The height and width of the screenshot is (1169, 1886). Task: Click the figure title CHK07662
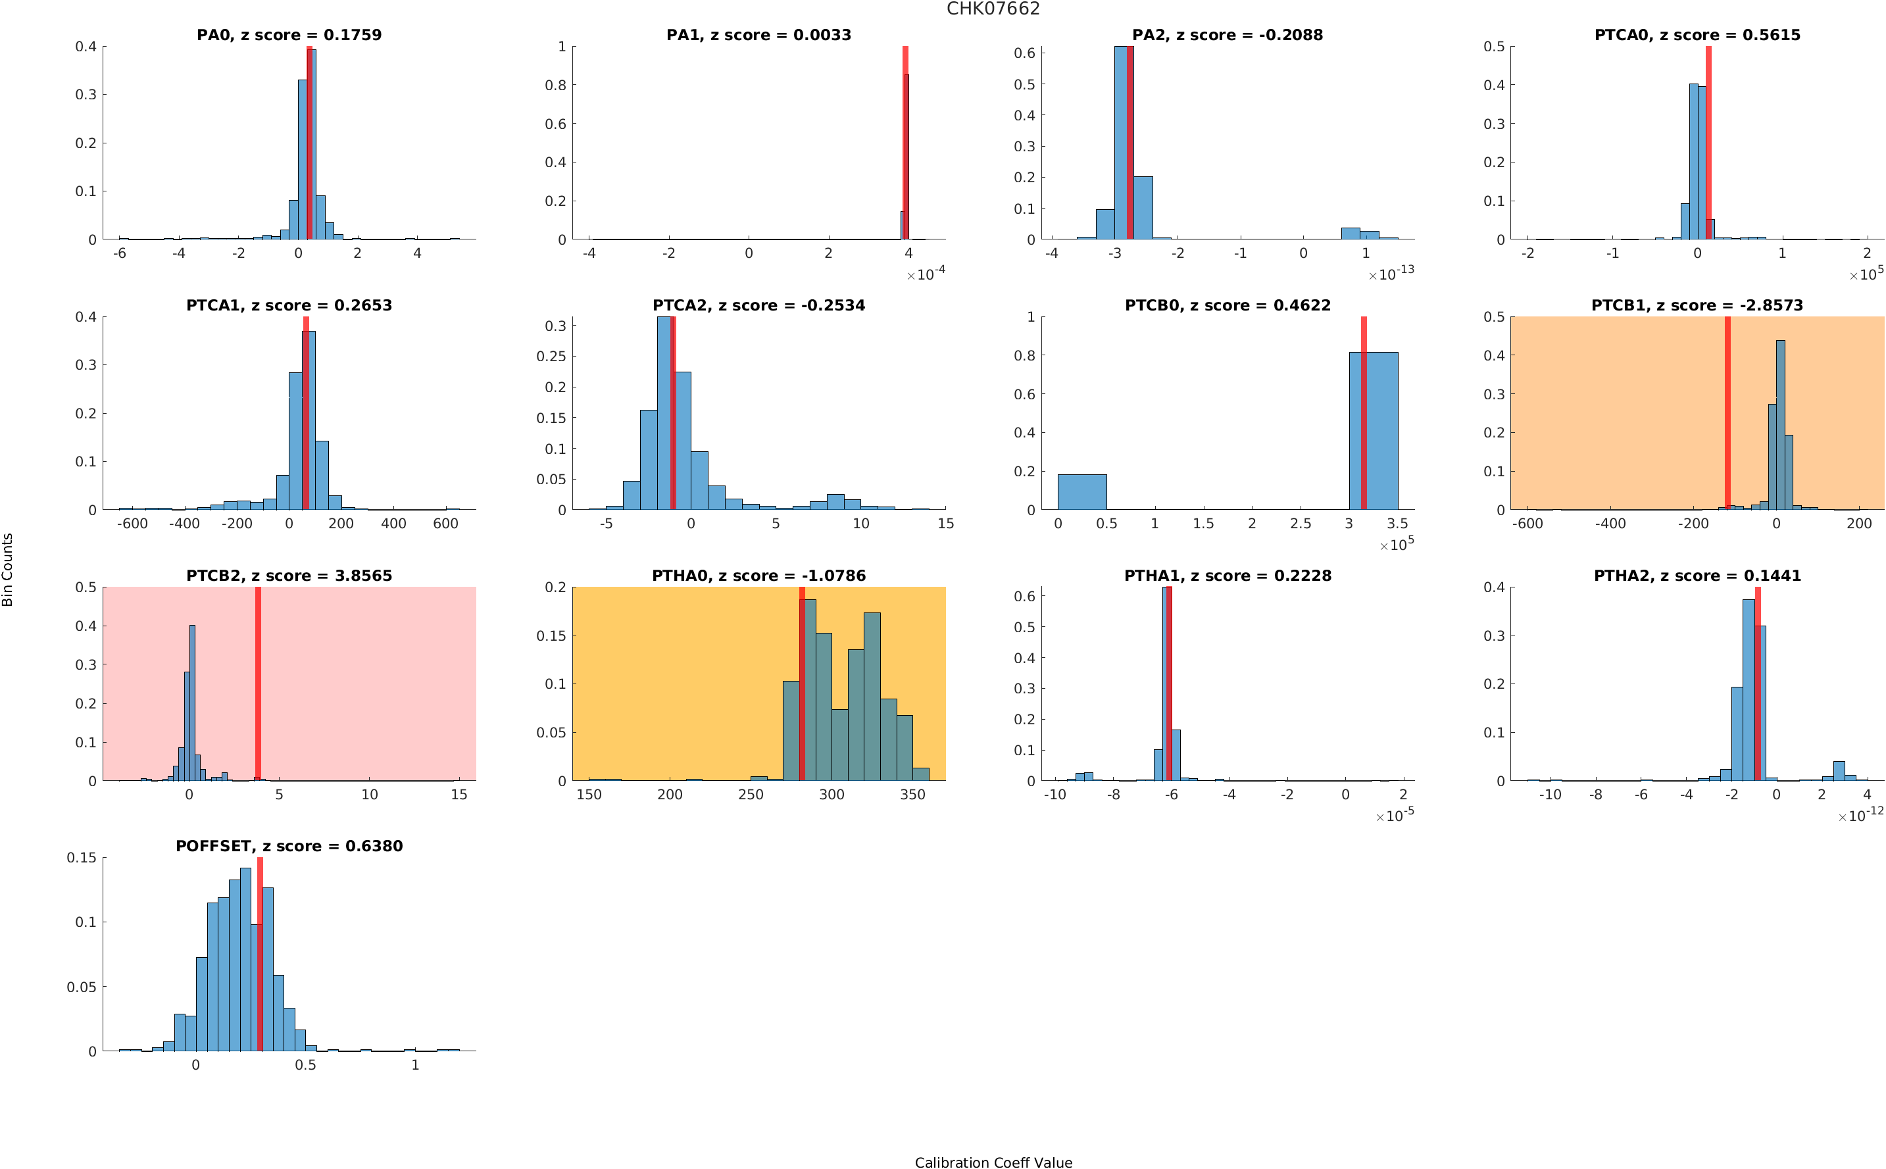pyautogui.click(x=993, y=9)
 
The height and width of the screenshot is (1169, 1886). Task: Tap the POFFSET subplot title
pyautogui.click(x=289, y=846)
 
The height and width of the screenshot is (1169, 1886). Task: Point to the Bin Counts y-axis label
pyautogui.click(x=8, y=569)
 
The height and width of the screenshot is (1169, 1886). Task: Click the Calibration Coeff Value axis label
pyautogui.click(x=993, y=1162)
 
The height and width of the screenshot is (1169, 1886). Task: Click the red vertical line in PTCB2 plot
pyautogui.click(x=258, y=684)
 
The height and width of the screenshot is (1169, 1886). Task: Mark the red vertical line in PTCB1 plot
pyautogui.click(x=1727, y=413)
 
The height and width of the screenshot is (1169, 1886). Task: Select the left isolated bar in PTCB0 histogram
pyautogui.click(x=1081, y=491)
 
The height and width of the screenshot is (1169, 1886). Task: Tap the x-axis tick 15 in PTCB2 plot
pyautogui.click(x=459, y=795)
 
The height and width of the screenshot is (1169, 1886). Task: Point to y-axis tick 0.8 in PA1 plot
pyautogui.click(x=555, y=85)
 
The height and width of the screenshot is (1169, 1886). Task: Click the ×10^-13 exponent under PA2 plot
pyautogui.click(x=1391, y=274)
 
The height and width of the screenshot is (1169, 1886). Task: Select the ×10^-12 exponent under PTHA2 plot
pyautogui.click(x=1860, y=815)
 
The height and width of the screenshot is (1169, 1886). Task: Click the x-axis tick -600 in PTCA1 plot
pyautogui.click(x=132, y=524)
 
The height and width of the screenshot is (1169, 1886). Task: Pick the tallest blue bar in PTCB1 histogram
pyautogui.click(x=1781, y=424)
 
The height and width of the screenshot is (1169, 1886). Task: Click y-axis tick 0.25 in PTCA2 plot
pyautogui.click(x=551, y=357)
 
